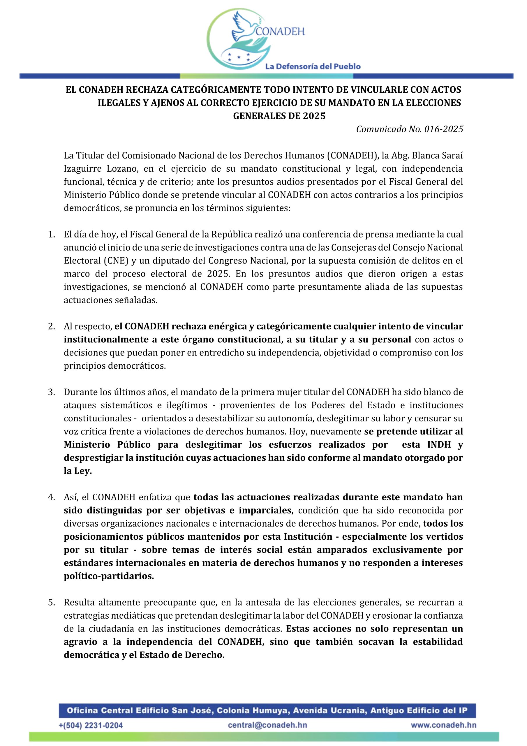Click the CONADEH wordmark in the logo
280,31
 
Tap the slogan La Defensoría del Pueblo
313,67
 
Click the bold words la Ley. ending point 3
78,471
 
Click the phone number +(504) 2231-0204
91,726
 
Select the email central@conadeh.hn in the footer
267,725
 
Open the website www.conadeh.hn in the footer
443,725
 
